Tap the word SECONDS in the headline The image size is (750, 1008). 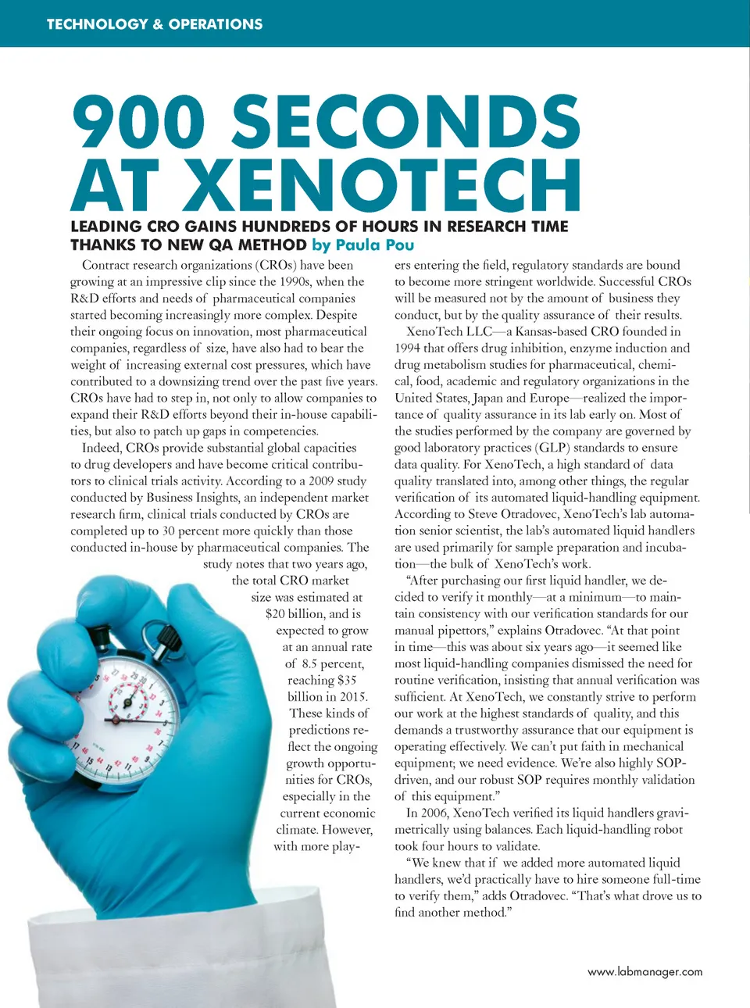(x=405, y=121)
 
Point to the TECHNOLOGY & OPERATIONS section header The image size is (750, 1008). (x=155, y=23)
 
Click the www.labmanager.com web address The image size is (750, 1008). (x=645, y=971)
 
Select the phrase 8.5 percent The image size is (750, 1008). (x=333, y=663)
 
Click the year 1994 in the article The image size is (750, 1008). (x=407, y=348)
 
